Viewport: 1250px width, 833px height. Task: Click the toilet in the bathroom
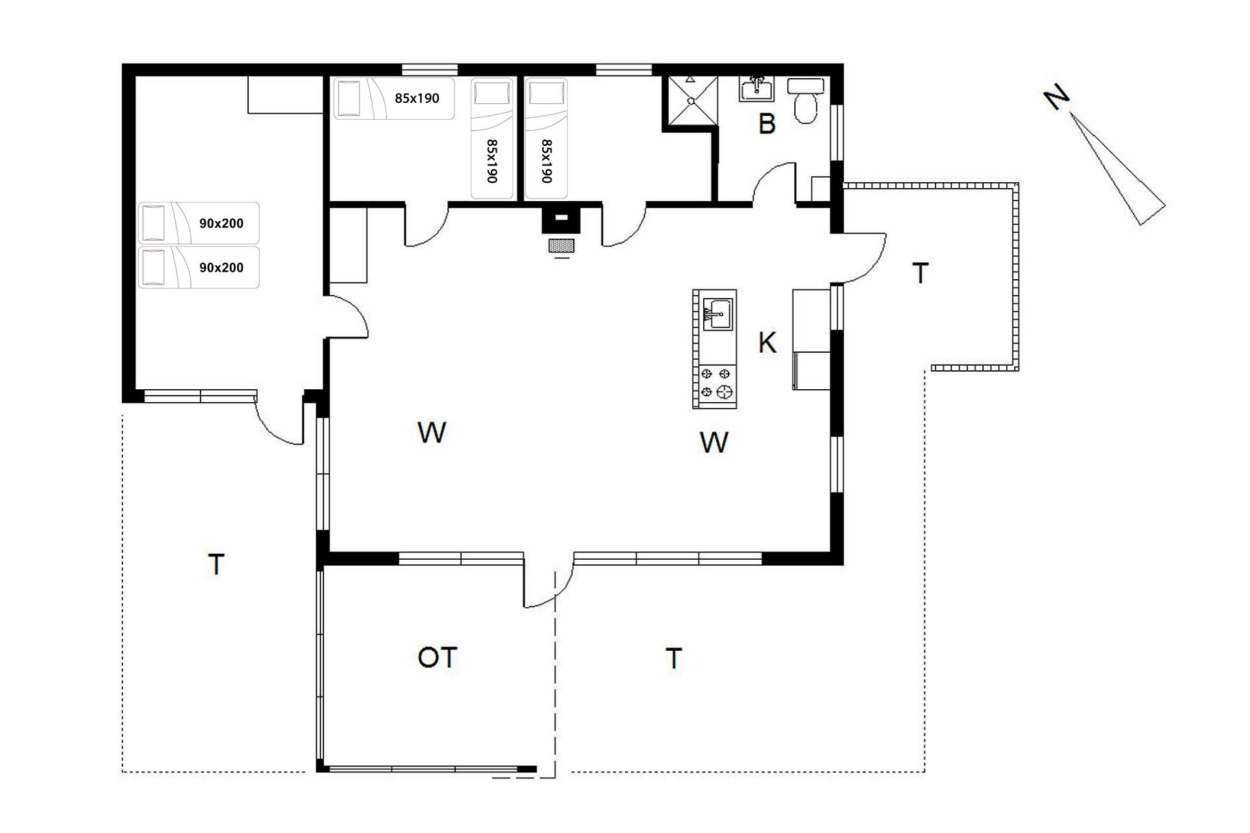806,101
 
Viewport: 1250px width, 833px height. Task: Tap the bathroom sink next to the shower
756,89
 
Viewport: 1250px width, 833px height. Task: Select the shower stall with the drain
690,100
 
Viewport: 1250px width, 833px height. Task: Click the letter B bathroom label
767,124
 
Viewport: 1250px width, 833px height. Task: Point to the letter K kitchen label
767,342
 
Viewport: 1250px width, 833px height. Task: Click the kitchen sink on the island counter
718,314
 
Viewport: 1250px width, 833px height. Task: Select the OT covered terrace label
437,658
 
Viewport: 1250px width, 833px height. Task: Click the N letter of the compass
1056,98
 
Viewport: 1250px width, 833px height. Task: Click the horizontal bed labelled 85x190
394,99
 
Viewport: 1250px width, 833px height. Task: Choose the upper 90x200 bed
199,223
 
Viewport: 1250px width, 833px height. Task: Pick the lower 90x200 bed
199,267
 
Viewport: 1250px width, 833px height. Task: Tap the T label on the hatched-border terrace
920,274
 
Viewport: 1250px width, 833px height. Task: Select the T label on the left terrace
216,564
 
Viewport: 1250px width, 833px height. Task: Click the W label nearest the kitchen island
714,443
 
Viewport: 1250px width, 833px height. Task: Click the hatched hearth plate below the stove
562,245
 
